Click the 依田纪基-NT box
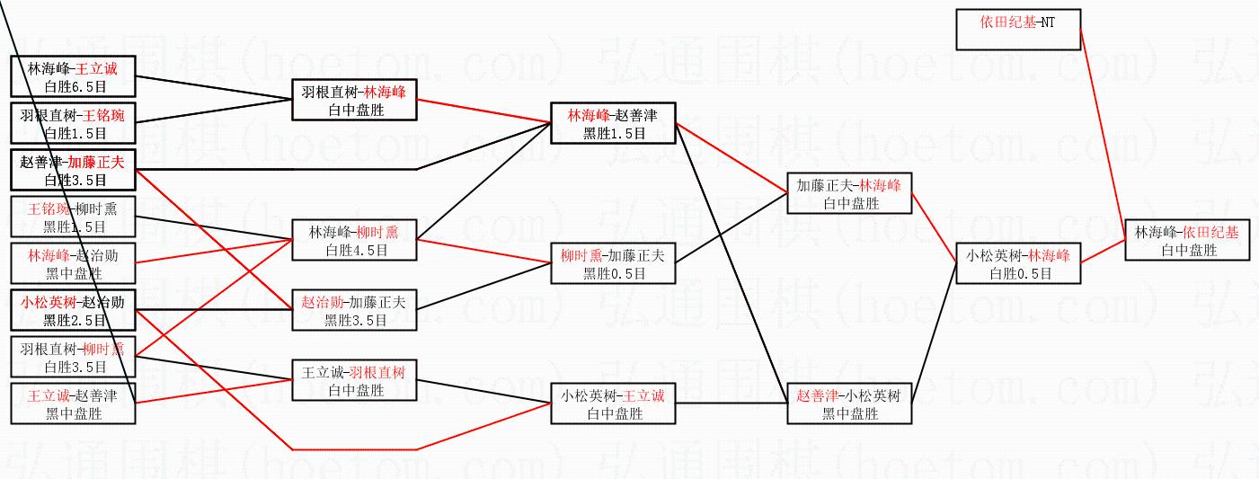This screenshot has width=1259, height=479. (1017, 29)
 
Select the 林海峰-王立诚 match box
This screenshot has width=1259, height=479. (73, 76)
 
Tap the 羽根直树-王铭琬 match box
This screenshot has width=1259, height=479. (73, 124)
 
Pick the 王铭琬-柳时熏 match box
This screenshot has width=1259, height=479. (73, 217)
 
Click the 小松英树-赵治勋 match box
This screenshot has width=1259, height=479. (73, 311)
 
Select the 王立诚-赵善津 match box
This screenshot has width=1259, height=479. (73, 404)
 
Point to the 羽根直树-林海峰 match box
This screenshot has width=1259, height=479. (354, 100)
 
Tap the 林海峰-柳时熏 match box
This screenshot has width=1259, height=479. (354, 239)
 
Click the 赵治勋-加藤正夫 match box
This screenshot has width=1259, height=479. (354, 310)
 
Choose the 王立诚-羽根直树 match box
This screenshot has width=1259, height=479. (354, 380)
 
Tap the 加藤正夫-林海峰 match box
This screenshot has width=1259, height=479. (848, 193)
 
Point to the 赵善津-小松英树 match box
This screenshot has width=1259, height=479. (848, 404)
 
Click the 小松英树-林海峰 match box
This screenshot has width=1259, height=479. (1018, 263)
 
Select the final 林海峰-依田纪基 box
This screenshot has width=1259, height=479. (1187, 240)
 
